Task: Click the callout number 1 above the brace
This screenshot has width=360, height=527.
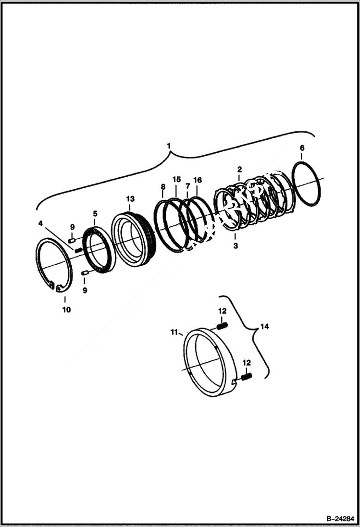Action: [168, 145]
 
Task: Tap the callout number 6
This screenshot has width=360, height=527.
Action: [302, 148]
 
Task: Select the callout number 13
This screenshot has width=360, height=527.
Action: [131, 198]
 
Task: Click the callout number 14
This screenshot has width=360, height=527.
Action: [265, 327]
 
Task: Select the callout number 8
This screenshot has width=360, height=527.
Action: [163, 186]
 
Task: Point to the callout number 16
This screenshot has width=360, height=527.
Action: [198, 180]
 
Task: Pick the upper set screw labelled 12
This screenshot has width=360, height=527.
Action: [221, 326]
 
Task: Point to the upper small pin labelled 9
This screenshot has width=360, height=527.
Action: [72, 240]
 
